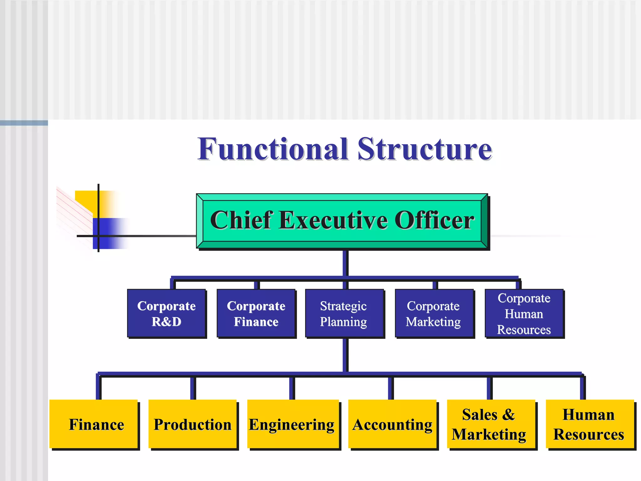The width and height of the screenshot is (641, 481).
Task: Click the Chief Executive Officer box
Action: [x=342, y=221]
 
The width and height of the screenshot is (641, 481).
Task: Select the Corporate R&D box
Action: [x=167, y=313]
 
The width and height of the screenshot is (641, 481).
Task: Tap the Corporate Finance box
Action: [x=256, y=313]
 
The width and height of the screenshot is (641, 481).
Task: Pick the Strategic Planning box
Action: [x=344, y=313]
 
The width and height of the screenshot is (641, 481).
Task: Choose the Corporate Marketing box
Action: [x=434, y=313]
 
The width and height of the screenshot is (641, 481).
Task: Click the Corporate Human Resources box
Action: [x=524, y=313]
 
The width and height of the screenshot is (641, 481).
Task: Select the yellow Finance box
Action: [x=94, y=424]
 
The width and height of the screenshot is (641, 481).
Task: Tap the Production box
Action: [x=192, y=424]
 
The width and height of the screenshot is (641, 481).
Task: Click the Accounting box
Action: [x=392, y=424]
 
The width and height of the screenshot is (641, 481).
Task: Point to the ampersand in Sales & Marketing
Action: [x=508, y=415]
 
